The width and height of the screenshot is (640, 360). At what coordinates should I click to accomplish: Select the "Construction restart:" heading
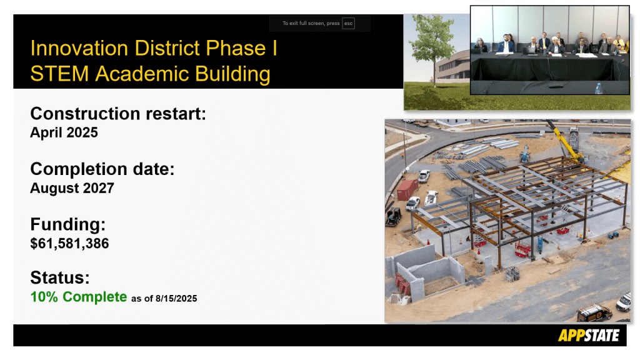point(118,114)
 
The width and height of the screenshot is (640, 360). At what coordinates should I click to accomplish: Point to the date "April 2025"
point(64,132)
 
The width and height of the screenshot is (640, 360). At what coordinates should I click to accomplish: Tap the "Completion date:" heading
point(102,169)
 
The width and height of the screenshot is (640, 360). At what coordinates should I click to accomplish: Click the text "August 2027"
point(72,188)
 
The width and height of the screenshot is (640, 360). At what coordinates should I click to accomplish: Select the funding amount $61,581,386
point(69,244)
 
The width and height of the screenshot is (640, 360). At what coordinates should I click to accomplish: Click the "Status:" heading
point(60,277)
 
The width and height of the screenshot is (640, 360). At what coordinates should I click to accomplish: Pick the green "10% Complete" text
point(79,297)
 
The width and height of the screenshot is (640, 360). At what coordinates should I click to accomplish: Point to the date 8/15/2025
point(176,299)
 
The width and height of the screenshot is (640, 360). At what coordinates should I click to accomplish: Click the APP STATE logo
point(589,336)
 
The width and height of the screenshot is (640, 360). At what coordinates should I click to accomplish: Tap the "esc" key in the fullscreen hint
point(348,23)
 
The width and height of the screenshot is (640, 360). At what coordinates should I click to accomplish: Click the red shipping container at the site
point(407,189)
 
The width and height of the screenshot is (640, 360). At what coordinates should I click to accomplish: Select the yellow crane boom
point(565,141)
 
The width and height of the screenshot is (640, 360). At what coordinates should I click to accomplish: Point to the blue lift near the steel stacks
point(525,154)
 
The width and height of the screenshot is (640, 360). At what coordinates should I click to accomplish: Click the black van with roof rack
point(594,312)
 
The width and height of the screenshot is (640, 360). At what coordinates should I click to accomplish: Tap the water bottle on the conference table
point(598,89)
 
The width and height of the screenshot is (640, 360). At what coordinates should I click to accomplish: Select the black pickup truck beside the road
point(394,217)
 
